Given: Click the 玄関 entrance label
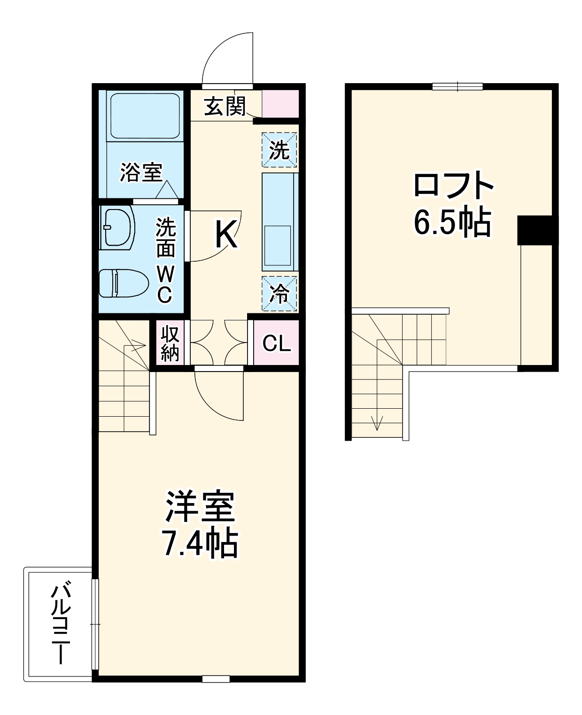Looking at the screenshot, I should pos(225,107).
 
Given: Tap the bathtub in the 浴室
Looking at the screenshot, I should pos(144,116).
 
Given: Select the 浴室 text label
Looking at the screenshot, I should pos(141,172).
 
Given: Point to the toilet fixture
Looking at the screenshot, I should pos(123,283).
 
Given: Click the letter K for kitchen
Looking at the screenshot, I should pos(225,233).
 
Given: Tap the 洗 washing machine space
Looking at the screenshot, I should pos(279,150).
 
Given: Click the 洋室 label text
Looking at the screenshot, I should pos(199,507).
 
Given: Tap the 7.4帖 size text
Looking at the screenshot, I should pos(199,544).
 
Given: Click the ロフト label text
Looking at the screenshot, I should pos(453,186).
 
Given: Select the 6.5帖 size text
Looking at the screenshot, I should pos(452,222).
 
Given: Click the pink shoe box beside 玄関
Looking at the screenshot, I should pos(280,104).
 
